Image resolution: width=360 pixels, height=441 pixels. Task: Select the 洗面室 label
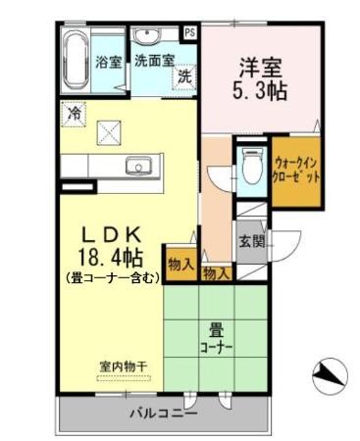[154, 59]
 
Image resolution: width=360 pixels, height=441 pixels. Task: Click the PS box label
[189, 30]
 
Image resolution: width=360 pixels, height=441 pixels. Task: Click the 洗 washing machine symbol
[183, 76]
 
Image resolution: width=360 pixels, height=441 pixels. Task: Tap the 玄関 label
[251, 241]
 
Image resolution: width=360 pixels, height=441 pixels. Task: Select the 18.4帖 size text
[111, 258]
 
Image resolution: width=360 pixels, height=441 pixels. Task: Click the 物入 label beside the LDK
[180, 263]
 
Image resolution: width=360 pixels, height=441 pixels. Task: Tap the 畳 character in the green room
[216, 330]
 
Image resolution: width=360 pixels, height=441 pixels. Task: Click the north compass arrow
[330, 373]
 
